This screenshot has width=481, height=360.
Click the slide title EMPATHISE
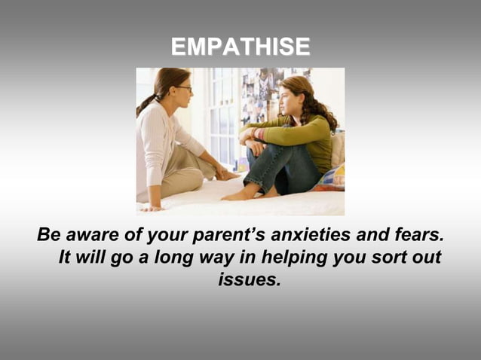pos(240,47)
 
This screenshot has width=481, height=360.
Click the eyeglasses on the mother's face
pos(184,89)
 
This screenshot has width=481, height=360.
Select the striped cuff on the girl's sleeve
pos(259,134)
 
